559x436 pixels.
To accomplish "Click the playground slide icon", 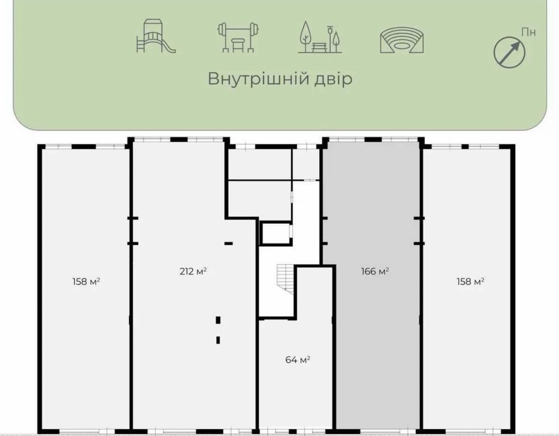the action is (x=156, y=36).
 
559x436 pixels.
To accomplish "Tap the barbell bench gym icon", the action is (x=238, y=37).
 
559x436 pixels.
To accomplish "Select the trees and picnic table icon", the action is (x=320, y=37).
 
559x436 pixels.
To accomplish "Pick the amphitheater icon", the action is (x=402, y=40).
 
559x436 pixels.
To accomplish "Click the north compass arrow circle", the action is (x=509, y=53).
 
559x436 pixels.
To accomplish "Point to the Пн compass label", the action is (x=528, y=32).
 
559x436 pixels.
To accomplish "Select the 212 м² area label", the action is (x=193, y=271).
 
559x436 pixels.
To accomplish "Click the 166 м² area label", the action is (x=375, y=271).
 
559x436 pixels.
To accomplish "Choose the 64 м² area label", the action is (x=298, y=359).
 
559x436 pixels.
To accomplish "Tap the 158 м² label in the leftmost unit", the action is (x=86, y=282).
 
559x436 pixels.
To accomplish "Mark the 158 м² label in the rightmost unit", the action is (x=470, y=282).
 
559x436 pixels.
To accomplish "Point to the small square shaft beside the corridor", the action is (x=275, y=233).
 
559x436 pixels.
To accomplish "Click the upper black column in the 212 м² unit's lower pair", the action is (x=218, y=320).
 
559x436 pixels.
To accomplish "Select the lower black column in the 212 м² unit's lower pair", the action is (x=218, y=340).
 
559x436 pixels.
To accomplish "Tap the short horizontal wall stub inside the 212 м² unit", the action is (x=229, y=243).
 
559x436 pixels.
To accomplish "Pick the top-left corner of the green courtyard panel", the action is (x=13, y=1).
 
